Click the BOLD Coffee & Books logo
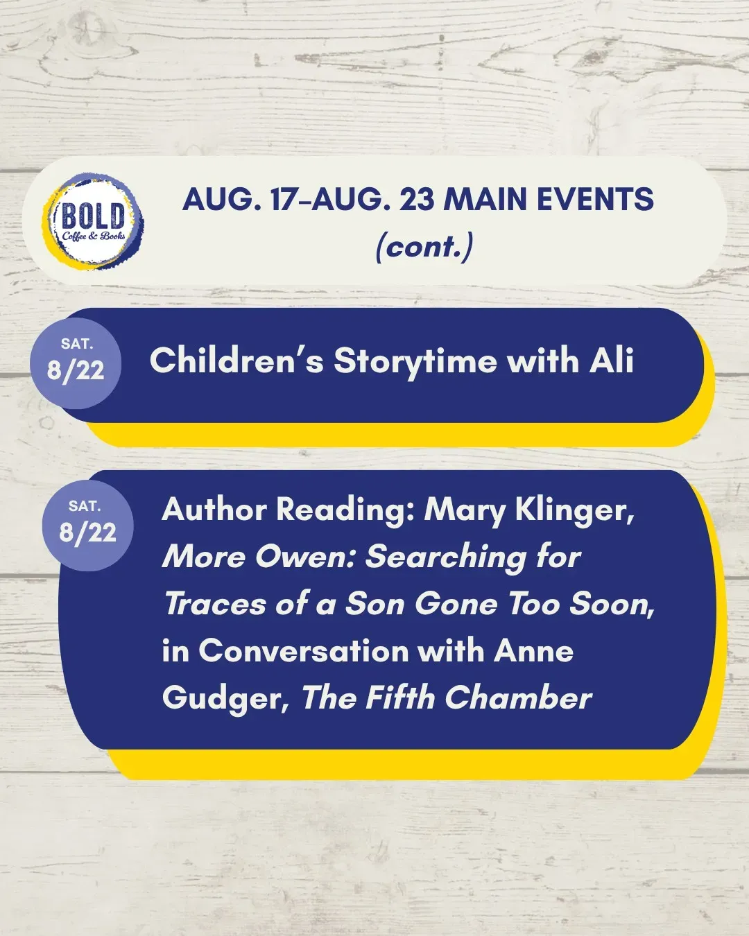click(x=93, y=222)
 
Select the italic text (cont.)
click(x=424, y=248)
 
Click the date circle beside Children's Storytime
click(x=76, y=363)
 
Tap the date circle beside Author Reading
click(x=88, y=526)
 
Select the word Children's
click(x=236, y=361)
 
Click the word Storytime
click(x=415, y=362)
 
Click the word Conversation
click(x=303, y=651)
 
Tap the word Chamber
click(x=518, y=698)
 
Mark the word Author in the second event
click(x=214, y=510)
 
